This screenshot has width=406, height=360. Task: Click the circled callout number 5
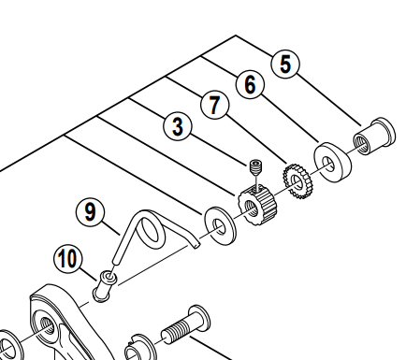point(285,64)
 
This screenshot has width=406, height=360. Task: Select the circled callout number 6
point(250,84)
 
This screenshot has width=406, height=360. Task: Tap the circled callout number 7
point(214,105)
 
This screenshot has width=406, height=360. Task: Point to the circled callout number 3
point(178,127)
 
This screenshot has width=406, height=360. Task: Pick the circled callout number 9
point(90,213)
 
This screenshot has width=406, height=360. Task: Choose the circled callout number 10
point(68,258)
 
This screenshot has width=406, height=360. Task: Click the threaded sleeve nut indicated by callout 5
point(374,137)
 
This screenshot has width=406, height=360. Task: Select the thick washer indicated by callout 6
point(332,162)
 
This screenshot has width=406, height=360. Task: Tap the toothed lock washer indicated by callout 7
point(297,181)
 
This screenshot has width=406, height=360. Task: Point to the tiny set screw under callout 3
point(256,167)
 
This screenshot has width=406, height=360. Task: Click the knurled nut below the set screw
point(256,206)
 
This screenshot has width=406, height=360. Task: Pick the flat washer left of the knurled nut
point(220,225)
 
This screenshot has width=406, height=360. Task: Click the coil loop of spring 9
point(152,232)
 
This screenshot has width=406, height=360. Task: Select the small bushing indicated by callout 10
point(105,286)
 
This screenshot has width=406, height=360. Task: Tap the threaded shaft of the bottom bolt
point(176,331)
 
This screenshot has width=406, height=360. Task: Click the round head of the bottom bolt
point(199,316)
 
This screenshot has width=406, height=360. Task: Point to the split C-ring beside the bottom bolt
point(138,348)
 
